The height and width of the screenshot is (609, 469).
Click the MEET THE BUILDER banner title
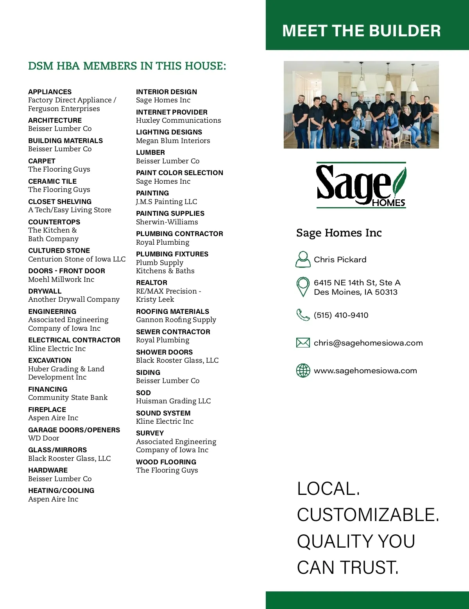[x=361, y=31]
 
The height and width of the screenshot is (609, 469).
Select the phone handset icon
[x=303, y=315]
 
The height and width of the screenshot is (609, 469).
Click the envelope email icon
[x=303, y=343]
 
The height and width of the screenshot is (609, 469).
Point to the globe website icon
[x=303, y=371]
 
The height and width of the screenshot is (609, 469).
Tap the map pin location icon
[x=303, y=287]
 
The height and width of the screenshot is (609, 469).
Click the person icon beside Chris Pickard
[x=303, y=259]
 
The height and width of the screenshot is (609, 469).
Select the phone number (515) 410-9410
[x=341, y=315]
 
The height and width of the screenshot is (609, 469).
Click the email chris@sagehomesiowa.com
[x=368, y=343]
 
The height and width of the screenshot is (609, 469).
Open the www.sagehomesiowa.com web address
[x=365, y=371]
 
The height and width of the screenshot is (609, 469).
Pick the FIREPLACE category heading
[x=47, y=410]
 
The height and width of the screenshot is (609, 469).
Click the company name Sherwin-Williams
[x=167, y=222]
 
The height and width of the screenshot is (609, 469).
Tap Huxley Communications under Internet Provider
[x=178, y=120]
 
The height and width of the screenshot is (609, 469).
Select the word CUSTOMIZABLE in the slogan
[x=368, y=515]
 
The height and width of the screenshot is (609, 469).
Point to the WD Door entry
[x=44, y=438]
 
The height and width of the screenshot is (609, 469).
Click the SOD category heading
[x=143, y=393]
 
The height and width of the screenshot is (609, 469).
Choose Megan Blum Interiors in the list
[x=173, y=141]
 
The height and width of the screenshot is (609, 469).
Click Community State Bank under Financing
[x=68, y=398]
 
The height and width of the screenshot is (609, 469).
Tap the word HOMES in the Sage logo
[x=388, y=202]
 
